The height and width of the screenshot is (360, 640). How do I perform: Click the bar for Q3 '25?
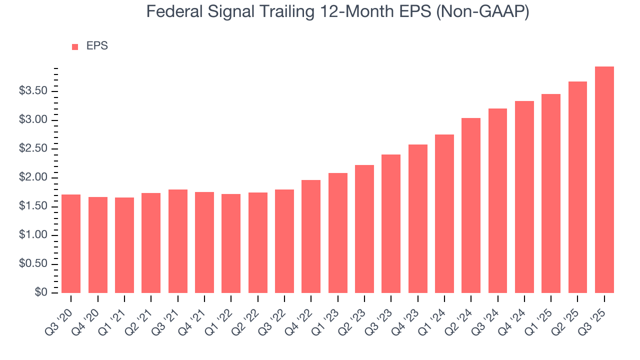[x=604, y=179]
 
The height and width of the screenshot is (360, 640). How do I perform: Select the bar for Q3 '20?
[x=71, y=243]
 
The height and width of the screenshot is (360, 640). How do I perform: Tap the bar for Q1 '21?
[x=124, y=245]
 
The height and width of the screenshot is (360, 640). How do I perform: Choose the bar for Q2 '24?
[x=471, y=205]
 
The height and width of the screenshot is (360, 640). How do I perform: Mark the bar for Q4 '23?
[x=417, y=218]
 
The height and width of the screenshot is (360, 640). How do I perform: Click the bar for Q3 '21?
[x=177, y=241]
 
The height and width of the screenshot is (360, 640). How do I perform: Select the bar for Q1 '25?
[x=551, y=193]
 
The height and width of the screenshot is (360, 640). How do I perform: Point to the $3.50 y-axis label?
[x=33, y=91]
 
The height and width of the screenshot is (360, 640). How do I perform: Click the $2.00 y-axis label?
[x=33, y=177]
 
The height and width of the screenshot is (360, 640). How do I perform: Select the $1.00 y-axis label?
[x=33, y=235]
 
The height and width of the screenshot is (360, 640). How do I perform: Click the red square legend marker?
[x=75, y=46]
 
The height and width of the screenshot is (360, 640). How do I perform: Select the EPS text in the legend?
[x=97, y=46]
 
